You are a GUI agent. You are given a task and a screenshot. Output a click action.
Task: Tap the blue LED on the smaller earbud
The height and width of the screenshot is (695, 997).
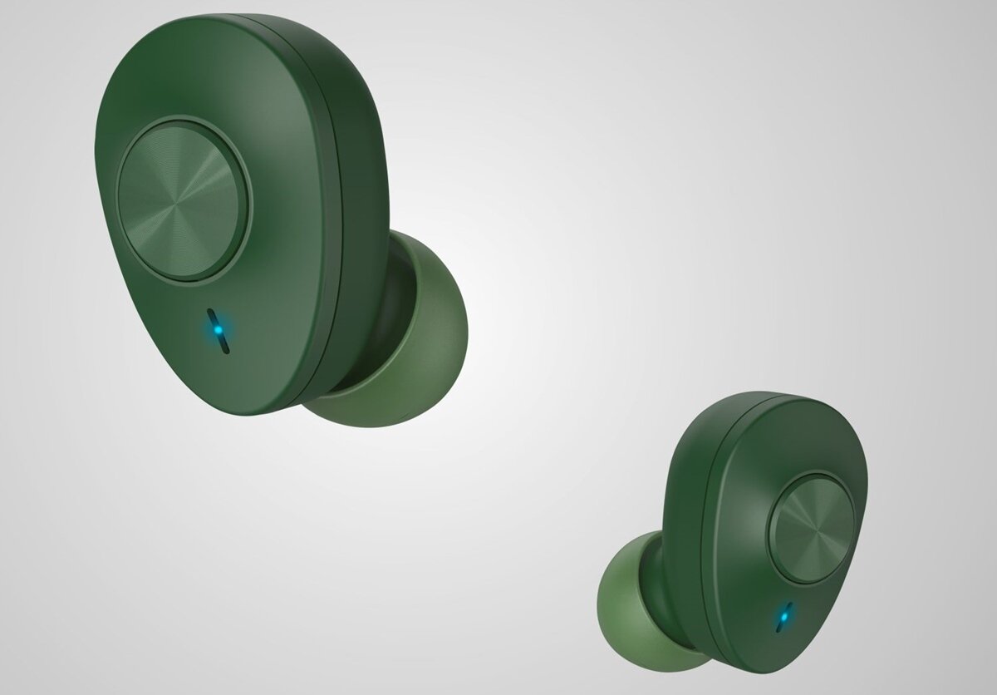(782, 617)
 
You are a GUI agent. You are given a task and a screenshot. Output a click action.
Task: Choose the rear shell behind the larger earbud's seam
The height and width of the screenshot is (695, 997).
(366, 166)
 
